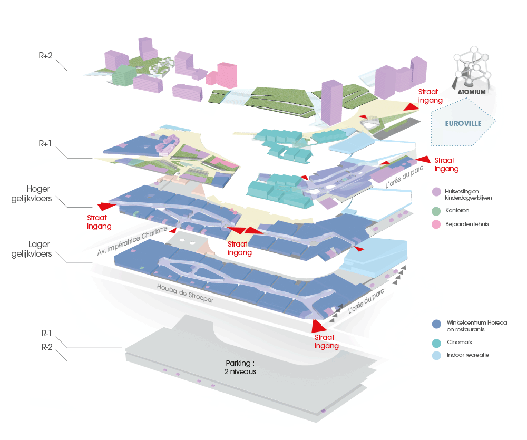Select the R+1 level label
point(45,143)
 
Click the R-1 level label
point(46,334)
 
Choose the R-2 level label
point(46,347)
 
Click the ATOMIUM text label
point(472,91)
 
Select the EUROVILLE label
point(461,124)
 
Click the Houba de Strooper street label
point(185,294)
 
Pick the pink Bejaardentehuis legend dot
point(436,224)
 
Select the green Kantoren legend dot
point(436,210)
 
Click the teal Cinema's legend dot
point(436,342)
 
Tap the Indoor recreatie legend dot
point(436,355)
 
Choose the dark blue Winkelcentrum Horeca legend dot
point(436,324)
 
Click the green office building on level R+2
point(123,75)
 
